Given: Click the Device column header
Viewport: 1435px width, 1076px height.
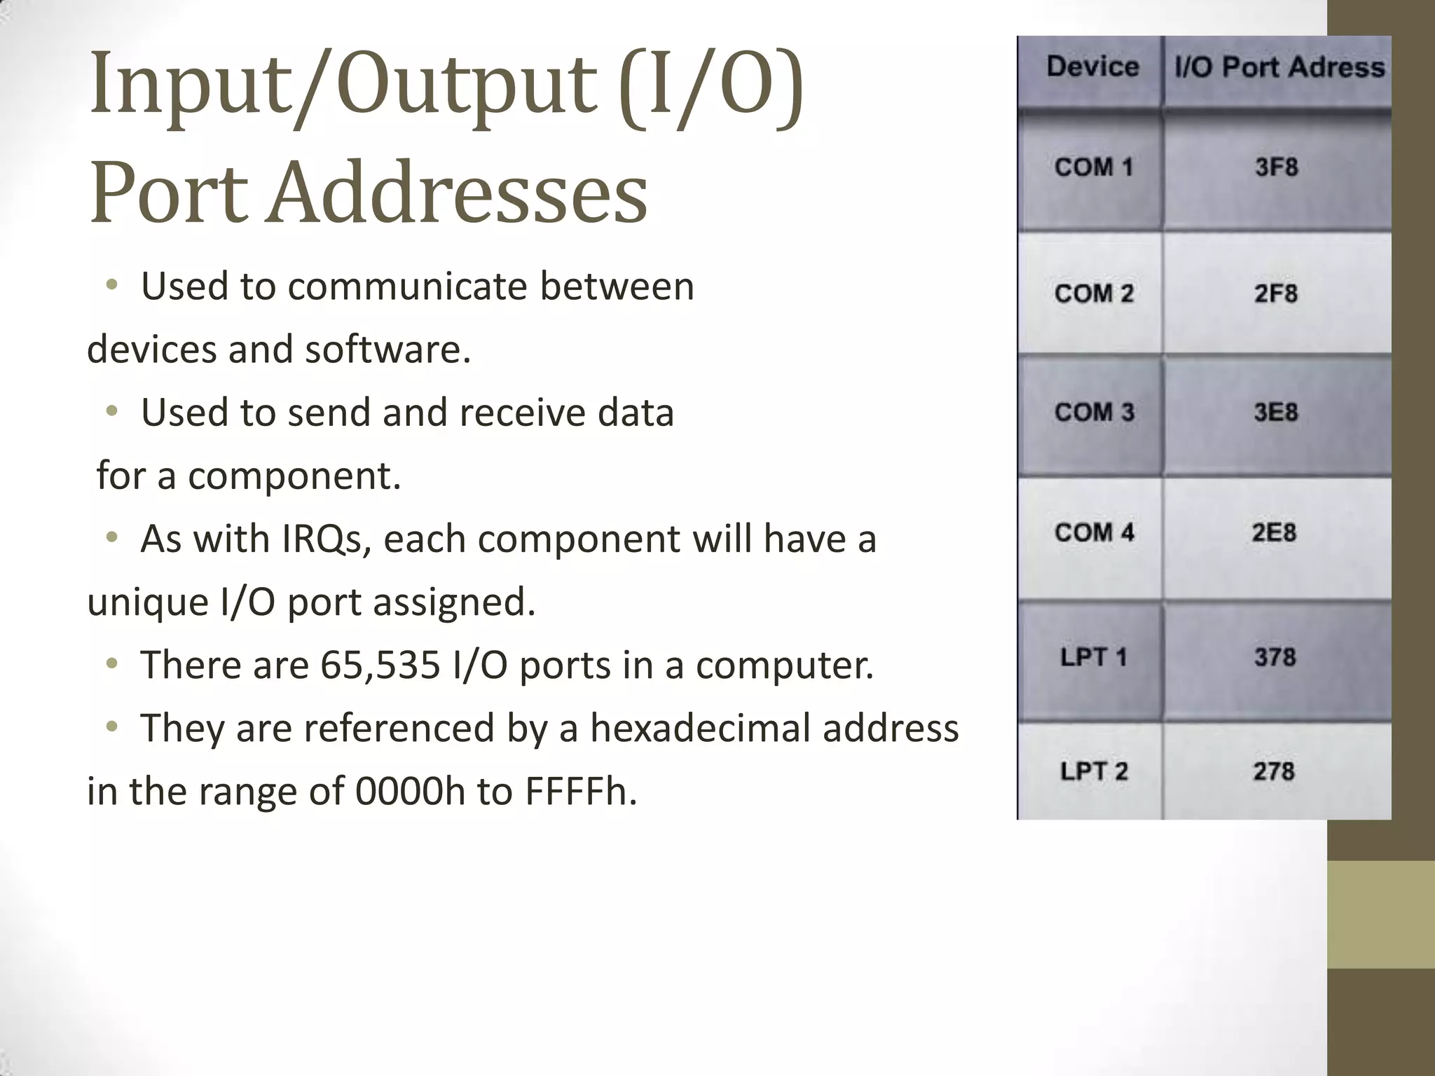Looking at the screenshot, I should [1092, 67].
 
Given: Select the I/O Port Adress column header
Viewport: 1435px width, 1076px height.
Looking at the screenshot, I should [1279, 67].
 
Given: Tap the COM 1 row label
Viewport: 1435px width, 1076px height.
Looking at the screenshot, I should [1093, 167].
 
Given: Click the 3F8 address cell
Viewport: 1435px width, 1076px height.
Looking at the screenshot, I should [1276, 167].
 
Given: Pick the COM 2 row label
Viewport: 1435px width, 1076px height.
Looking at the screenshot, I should [1093, 294].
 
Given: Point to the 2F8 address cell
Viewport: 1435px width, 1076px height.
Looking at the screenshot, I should [1275, 294].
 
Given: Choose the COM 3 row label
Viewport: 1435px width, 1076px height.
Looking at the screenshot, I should [1093, 412].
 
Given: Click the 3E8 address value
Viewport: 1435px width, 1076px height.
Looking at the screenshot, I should [1275, 412].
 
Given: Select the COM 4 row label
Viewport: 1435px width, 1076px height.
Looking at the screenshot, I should [1093, 532].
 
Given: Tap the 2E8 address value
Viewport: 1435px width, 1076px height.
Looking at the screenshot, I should [1274, 532].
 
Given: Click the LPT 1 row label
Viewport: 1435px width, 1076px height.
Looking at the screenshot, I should [1093, 657].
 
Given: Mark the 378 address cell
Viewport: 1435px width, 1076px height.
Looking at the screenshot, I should [1275, 657].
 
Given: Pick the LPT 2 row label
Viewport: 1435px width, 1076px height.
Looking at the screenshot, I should [1093, 771].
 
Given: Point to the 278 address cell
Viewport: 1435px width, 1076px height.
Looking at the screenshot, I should [1274, 771].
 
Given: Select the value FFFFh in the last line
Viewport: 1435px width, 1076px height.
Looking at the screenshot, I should [581, 792].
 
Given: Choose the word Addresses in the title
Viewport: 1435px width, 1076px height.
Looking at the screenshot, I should [459, 193].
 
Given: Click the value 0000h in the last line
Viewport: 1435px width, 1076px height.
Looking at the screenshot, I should [410, 792].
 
